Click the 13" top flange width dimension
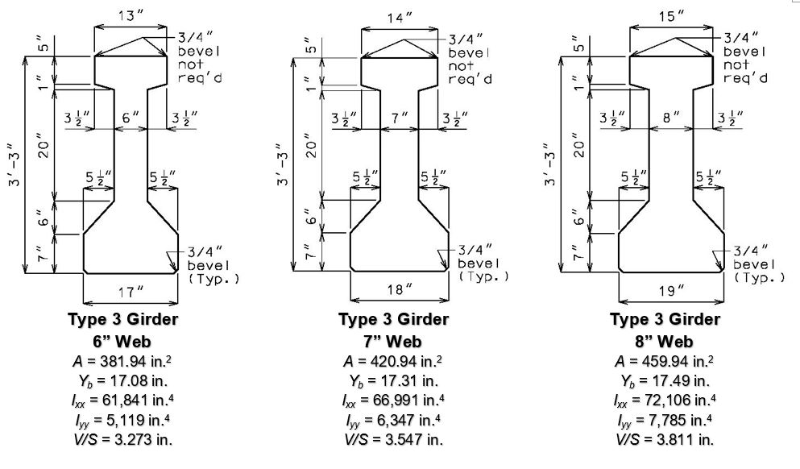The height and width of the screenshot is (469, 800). click(x=131, y=16)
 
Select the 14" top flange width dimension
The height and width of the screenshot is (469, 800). click(x=400, y=19)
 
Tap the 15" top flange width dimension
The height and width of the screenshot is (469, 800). click(x=671, y=16)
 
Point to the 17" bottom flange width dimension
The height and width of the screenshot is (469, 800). click(x=131, y=292)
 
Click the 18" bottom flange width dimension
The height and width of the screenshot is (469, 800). click(x=400, y=290)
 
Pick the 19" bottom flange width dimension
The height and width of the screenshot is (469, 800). click(x=671, y=291)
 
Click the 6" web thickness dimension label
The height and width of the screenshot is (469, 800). click(x=130, y=118)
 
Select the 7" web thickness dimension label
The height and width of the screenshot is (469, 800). click(x=400, y=118)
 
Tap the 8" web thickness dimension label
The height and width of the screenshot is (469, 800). click(x=670, y=118)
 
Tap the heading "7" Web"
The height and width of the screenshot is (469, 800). click(x=393, y=341)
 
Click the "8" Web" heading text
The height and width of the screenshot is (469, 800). click(x=665, y=341)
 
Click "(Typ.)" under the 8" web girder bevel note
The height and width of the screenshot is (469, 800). click(x=761, y=278)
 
